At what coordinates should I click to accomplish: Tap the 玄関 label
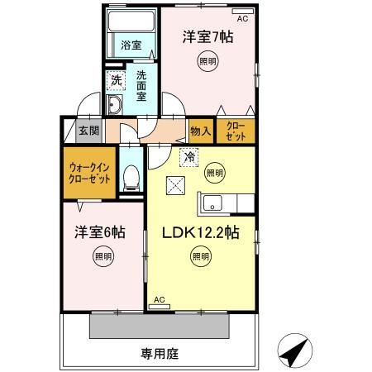click(88, 131)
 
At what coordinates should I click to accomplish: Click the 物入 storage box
click(199, 130)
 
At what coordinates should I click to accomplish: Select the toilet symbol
click(131, 177)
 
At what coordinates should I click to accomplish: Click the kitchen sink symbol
click(210, 203)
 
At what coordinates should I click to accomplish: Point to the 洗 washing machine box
click(117, 81)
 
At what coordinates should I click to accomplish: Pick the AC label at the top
click(243, 17)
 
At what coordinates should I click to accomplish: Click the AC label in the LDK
click(160, 299)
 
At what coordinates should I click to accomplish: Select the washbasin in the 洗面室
click(116, 103)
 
